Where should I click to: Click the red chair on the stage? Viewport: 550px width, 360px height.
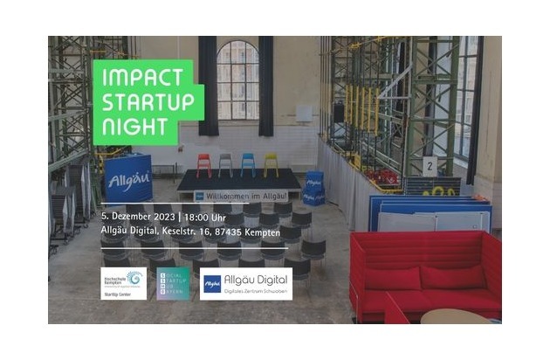click(x=204, y=163)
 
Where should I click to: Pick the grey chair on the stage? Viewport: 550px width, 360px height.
click(x=226, y=163)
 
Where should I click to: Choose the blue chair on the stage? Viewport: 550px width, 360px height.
click(x=248, y=163)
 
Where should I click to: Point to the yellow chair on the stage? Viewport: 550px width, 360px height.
click(x=271, y=163)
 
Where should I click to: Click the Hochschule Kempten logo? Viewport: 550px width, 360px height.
click(x=123, y=283)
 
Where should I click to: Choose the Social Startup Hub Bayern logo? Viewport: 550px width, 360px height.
click(x=172, y=283)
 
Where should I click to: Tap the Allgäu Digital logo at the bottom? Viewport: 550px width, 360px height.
click(x=246, y=283)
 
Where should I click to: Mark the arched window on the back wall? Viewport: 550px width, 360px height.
click(x=238, y=80)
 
